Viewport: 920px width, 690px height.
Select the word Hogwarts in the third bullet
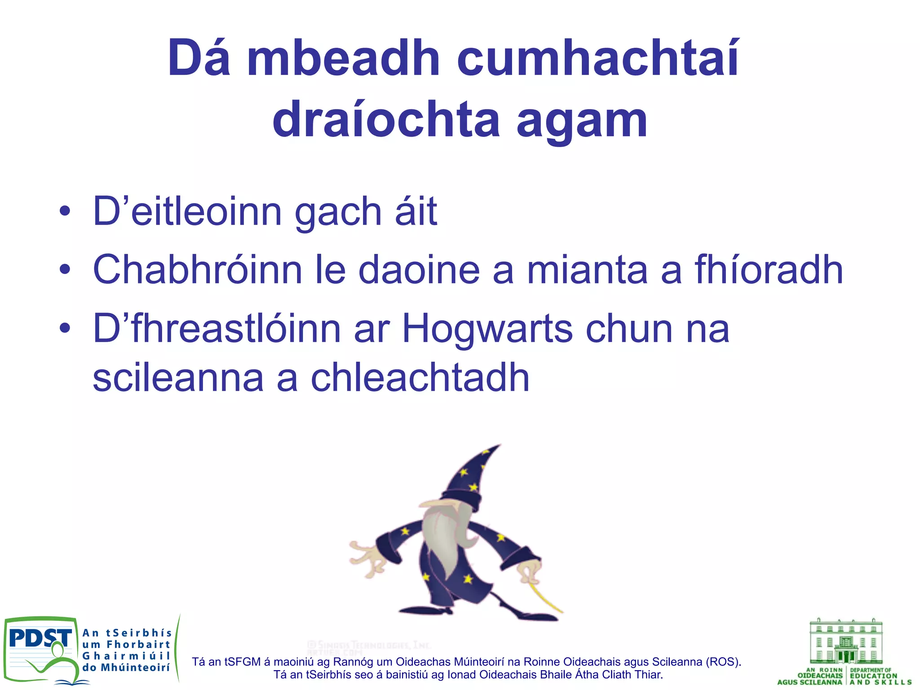[487, 329]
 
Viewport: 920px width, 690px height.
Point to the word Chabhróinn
[198, 270]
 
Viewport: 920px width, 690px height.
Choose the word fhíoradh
[769, 270]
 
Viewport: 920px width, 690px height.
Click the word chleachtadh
[420, 378]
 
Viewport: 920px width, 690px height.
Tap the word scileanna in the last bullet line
[178, 378]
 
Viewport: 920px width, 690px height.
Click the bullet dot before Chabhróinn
[65, 270]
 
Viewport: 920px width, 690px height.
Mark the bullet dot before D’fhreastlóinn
[65, 328]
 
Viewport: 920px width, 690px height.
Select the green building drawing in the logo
[846, 641]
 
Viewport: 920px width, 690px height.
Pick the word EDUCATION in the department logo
[874, 676]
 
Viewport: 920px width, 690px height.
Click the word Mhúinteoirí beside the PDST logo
[135, 668]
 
